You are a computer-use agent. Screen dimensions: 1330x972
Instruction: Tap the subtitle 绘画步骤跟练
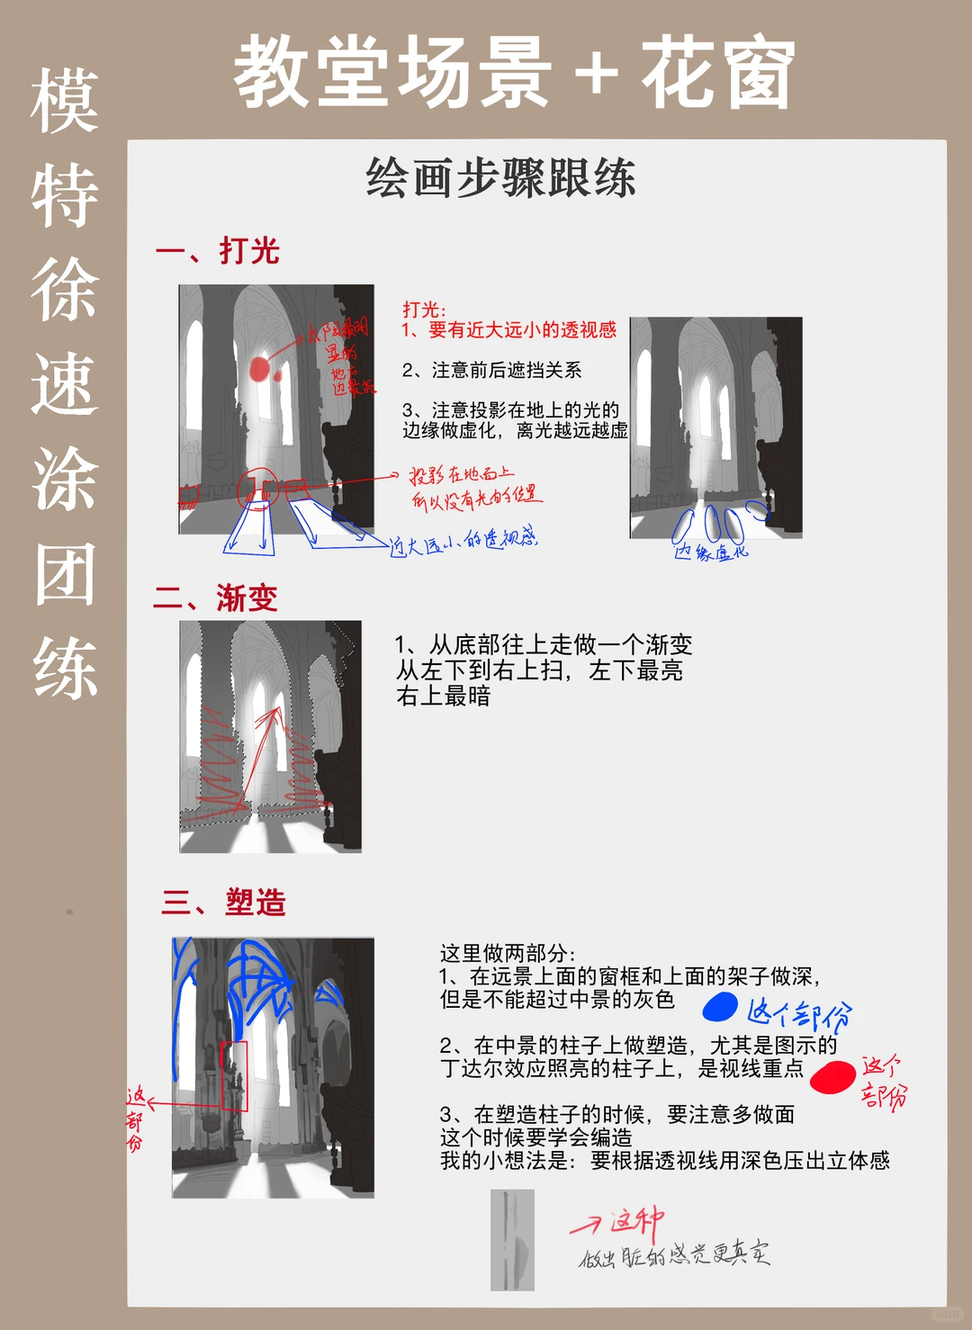(x=500, y=177)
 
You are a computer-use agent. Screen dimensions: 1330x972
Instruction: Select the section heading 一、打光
(x=218, y=251)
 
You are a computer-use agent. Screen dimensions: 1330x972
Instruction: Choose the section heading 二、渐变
(x=216, y=598)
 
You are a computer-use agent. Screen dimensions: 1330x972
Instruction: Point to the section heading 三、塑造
(x=224, y=902)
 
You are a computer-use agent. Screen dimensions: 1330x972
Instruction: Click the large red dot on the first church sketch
(x=259, y=369)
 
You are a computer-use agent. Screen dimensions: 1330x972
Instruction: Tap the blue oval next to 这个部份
(x=720, y=1007)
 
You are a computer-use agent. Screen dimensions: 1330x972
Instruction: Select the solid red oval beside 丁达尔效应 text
(x=832, y=1076)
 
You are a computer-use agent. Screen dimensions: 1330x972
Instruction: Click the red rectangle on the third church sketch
(x=234, y=1076)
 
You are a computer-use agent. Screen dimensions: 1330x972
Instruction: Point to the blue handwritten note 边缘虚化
(x=711, y=552)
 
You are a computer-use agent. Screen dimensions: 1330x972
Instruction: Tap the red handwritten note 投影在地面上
(x=463, y=474)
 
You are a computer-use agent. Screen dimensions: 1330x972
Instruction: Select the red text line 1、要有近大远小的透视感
(x=509, y=330)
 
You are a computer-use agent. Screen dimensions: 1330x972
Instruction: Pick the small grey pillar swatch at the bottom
(x=512, y=1239)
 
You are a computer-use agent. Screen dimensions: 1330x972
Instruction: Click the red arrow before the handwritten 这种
(x=586, y=1225)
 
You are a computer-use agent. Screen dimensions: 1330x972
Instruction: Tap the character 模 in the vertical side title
(x=64, y=102)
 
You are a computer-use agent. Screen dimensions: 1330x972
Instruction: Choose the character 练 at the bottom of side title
(x=65, y=668)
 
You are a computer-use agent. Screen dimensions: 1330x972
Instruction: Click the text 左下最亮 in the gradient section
(x=635, y=670)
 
